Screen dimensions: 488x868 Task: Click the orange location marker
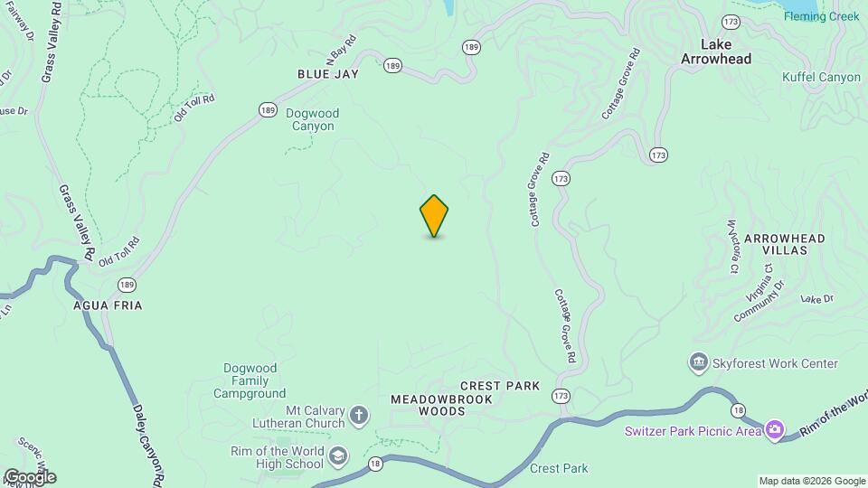(x=434, y=216)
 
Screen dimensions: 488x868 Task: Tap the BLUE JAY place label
(x=328, y=74)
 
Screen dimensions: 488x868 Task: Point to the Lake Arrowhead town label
(x=728, y=51)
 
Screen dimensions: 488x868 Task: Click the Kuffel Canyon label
(x=821, y=78)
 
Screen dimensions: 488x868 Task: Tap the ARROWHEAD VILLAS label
(x=785, y=244)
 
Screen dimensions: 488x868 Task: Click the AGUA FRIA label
(x=108, y=305)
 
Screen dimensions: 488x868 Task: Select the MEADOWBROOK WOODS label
(x=429, y=405)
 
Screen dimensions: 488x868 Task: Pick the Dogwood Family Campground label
(x=250, y=380)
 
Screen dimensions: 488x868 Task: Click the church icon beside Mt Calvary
(x=359, y=416)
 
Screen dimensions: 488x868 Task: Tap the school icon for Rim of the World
(x=337, y=457)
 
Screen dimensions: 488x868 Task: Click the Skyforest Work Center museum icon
(x=698, y=363)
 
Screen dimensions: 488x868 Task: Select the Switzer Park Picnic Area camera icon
(x=775, y=430)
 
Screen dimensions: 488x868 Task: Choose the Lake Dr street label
(x=816, y=299)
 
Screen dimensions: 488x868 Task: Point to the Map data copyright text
(x=810, y=481)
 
